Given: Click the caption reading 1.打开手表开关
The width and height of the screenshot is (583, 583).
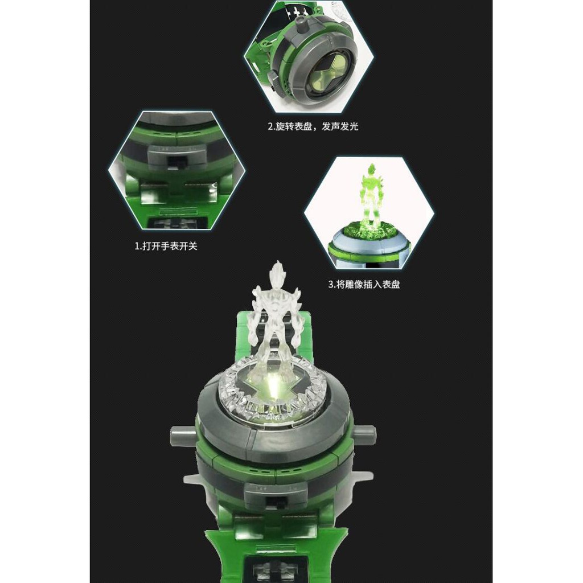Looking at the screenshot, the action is click(x=166, y=246).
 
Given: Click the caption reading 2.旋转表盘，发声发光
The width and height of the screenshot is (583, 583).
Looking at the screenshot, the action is click(x=313, y=126).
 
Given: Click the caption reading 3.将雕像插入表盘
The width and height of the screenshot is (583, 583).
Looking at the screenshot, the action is click(x=364, y=285).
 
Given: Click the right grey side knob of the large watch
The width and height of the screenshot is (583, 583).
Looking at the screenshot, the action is click(x=365, y=433).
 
